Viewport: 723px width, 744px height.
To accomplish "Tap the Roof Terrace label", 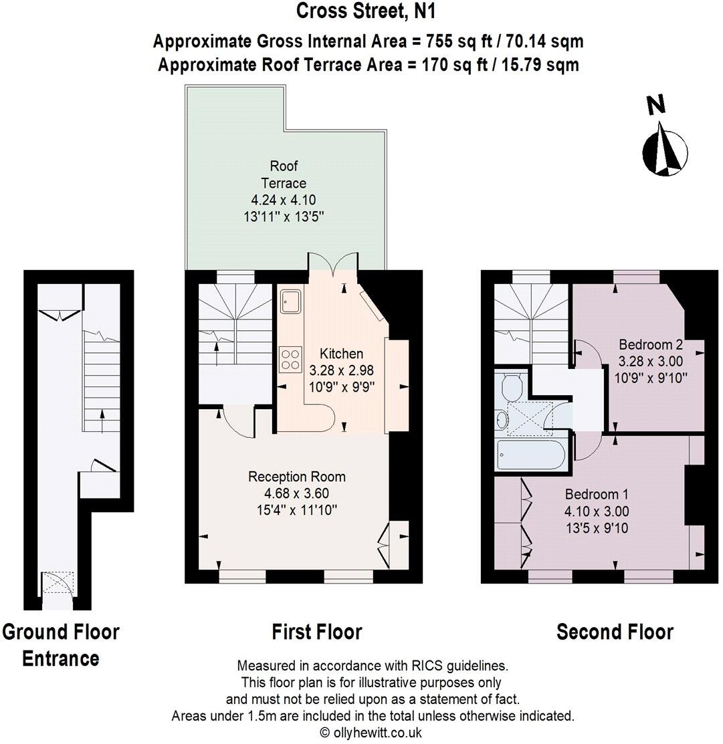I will click(x=288, y=174).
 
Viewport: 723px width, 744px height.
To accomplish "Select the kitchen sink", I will click(x=290, y=301).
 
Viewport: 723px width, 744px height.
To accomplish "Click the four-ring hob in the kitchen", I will click(x=290, y=359).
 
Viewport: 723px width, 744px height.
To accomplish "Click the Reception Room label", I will click(x=297, y=477).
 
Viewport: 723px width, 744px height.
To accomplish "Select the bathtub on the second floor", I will click(x=531, y=457).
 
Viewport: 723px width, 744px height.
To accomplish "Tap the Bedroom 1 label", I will click(x=597, y=495).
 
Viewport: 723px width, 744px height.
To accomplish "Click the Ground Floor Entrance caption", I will click(x=61, y=645).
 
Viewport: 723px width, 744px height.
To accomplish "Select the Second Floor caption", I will click(x=615, y=632).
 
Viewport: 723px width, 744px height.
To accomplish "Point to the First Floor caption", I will click(x=316, y=632).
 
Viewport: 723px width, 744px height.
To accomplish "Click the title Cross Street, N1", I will click(x=367, y=11).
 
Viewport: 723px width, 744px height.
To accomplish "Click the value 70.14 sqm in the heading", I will click(x=544, y=41).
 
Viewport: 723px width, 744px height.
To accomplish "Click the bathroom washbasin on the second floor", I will click(x=503, y=419).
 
